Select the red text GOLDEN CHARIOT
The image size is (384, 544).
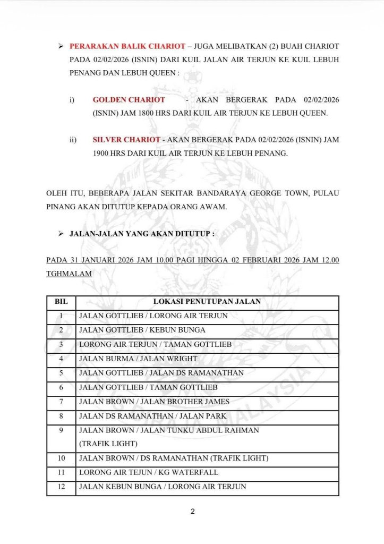129,100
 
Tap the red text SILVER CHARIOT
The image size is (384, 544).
126,140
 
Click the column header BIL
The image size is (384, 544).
61,301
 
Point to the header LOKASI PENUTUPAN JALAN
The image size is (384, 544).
207,301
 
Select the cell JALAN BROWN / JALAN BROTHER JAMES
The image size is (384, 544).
154,401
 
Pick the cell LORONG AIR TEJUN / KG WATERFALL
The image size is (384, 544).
148,472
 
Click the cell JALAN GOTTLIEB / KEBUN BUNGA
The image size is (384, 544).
142,330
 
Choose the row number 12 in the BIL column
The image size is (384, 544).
61,487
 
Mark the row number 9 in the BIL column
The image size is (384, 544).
61,430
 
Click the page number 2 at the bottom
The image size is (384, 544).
192,512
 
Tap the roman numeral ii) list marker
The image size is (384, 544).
73,140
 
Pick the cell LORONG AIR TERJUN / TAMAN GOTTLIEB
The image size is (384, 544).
155,344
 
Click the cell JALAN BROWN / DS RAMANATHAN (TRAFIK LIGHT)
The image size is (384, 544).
174,458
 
